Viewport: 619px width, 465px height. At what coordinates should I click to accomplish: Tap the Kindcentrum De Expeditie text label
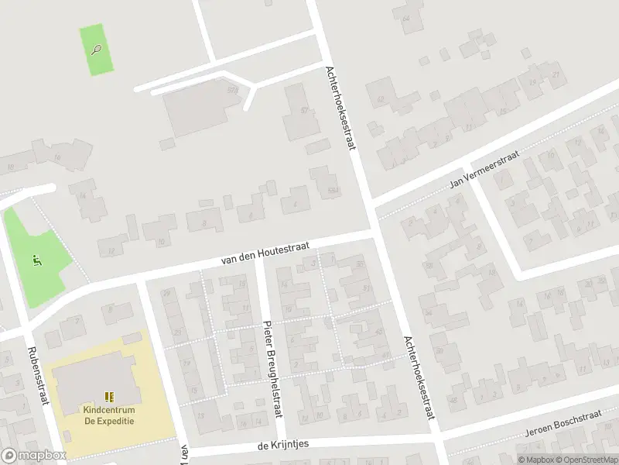click(109, 415)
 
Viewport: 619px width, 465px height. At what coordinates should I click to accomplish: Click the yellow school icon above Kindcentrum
click(109, 396)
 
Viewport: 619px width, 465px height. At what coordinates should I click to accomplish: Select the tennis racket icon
click(96, 50)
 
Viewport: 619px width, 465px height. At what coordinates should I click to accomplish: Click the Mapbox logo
click(33, 456)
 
